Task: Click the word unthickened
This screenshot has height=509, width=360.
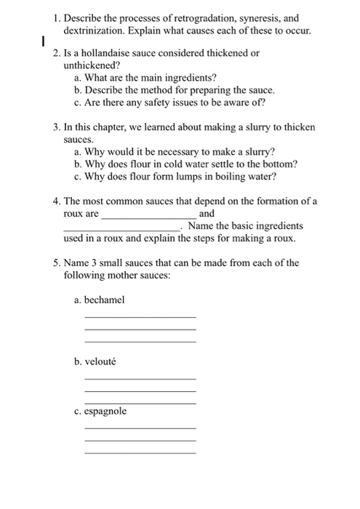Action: click(x=90, y=65)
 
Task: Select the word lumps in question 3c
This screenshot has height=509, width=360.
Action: click(x=183, y=176)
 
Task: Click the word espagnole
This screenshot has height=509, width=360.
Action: click(x=105, y=411)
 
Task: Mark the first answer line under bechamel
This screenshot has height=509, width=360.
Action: click(x=140, y=316)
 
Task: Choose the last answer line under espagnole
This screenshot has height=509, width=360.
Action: click(x=140, y=452)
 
